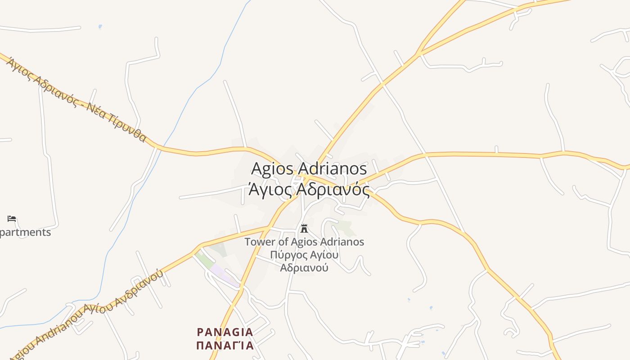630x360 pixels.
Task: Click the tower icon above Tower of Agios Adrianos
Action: pos(304,228)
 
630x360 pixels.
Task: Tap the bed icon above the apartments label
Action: pos(12,219)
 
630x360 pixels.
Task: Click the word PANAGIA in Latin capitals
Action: pos(225,333)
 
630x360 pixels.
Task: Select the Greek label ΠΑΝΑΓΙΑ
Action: pos(225,346)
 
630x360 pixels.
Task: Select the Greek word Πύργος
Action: pos(288,255)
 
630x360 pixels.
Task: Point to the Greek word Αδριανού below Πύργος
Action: pos(304,268)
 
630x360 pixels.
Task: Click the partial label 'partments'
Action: pos(25,233)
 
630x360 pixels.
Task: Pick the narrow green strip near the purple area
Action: pos(203,260)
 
